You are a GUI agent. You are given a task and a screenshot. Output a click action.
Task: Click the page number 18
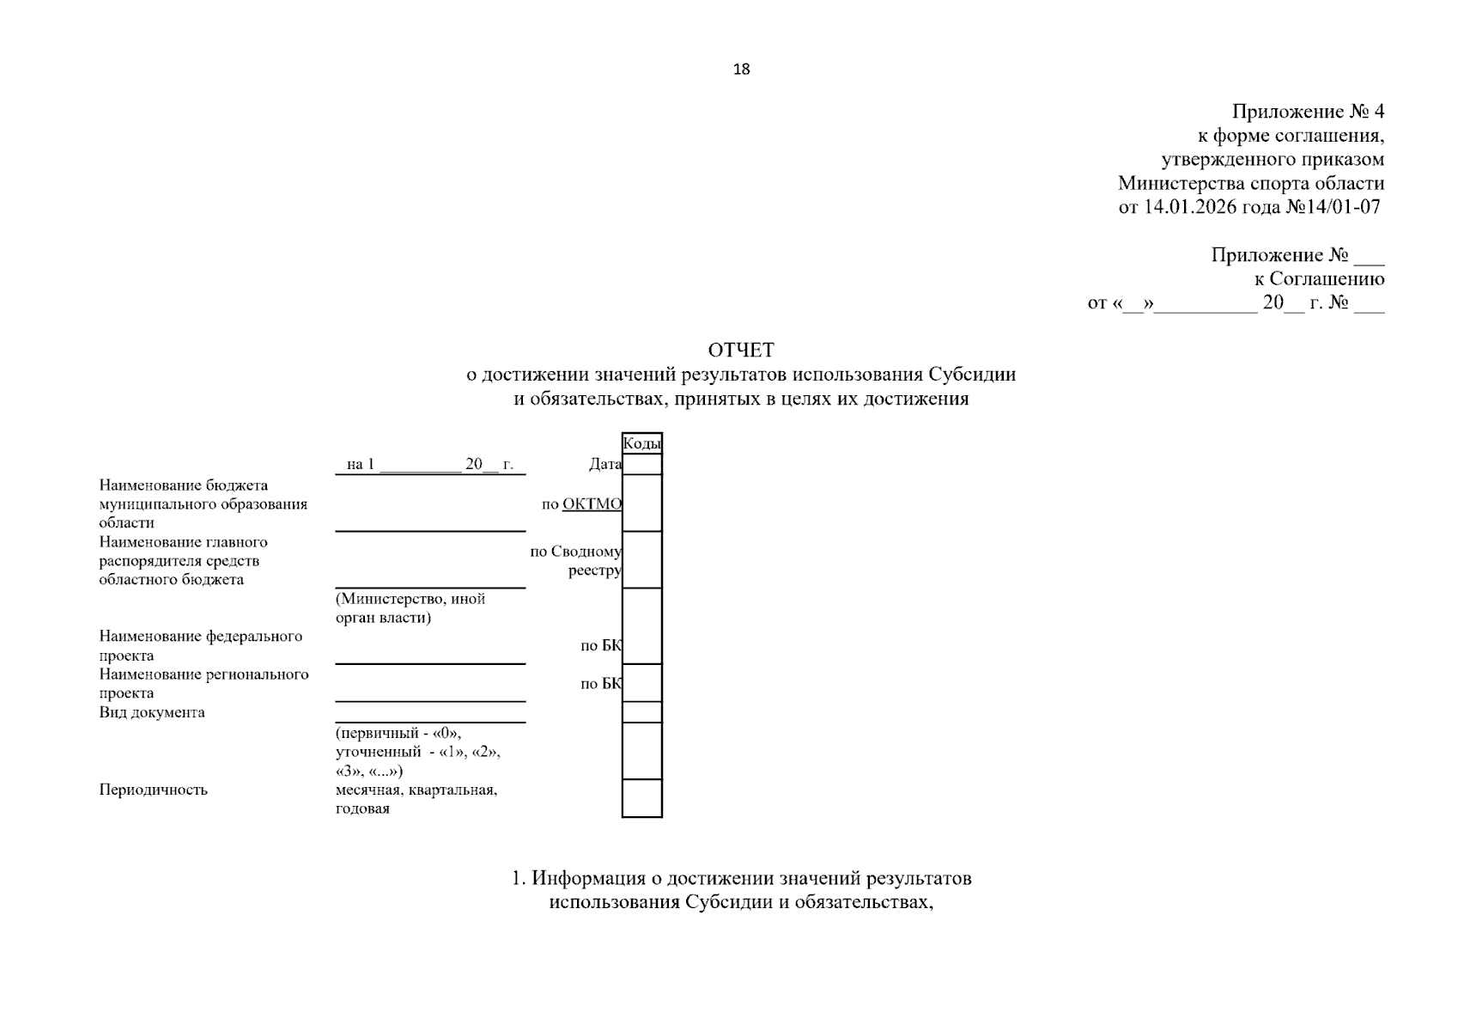(741, 70)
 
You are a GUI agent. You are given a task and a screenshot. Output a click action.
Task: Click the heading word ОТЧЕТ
(741, 351)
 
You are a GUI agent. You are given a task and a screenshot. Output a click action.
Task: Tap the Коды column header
(641, 443)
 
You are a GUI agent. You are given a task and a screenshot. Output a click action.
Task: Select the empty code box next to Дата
(641, 465)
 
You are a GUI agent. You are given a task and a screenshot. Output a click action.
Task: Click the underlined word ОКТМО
(592, 504)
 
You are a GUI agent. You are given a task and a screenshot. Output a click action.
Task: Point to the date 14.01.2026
(1184, 207)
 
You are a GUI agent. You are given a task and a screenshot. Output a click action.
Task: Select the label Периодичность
(153, 790)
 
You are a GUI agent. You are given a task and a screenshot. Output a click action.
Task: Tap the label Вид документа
(152, 712)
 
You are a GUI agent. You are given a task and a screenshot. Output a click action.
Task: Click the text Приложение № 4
(1308, 112)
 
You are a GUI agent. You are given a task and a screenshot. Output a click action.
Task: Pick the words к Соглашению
(1319, 279)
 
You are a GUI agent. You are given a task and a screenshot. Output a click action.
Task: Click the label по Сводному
(575, 552)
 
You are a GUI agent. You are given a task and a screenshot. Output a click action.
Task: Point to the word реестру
(594, 570)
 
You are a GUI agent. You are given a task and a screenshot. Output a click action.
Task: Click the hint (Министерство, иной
(410, 599)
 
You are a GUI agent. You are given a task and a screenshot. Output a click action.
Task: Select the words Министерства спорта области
(1251, 183)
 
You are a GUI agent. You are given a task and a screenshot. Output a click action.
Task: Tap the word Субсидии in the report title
(972, 375)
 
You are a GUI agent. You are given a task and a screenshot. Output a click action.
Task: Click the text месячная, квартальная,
(416, 790)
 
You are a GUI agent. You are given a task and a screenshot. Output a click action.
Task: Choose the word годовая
(362, 808)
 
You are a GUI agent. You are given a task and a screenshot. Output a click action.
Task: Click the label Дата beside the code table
(604, 465)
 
